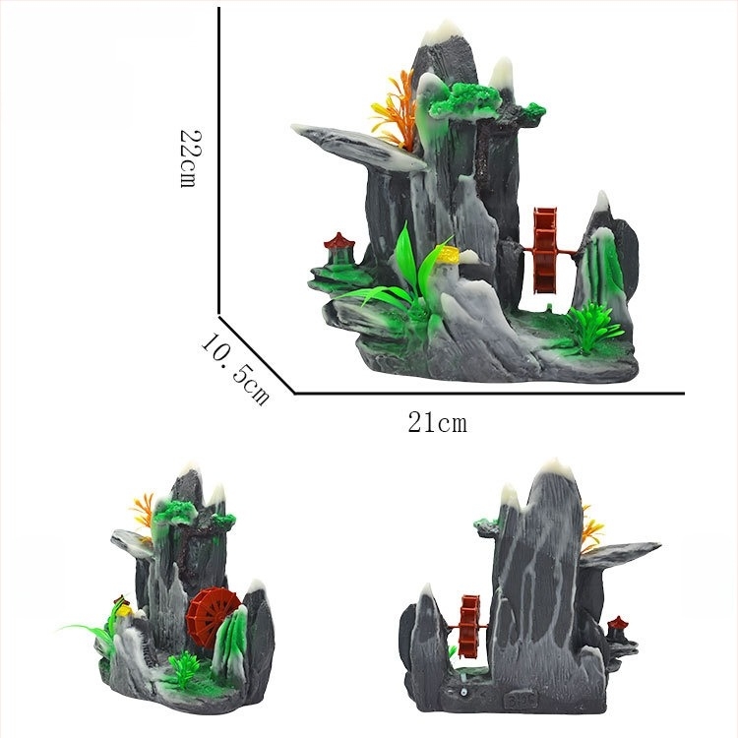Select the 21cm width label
437,422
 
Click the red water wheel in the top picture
545,250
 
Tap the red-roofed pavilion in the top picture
338,249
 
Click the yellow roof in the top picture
449,256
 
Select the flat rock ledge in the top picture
358,145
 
